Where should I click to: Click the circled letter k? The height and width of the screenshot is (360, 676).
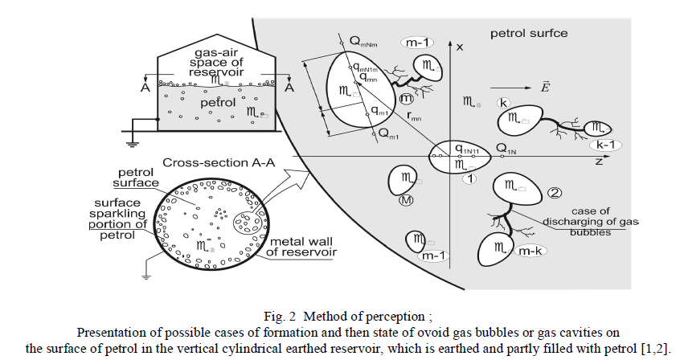point(503,103)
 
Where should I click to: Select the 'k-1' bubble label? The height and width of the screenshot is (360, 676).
point(601,145)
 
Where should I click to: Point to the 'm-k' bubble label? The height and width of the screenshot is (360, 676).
point(529,252)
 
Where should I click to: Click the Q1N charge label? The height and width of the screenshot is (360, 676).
point(506,149)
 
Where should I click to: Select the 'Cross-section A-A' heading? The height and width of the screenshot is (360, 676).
point(219,162)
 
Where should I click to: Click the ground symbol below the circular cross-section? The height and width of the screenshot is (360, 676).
point(146,276)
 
